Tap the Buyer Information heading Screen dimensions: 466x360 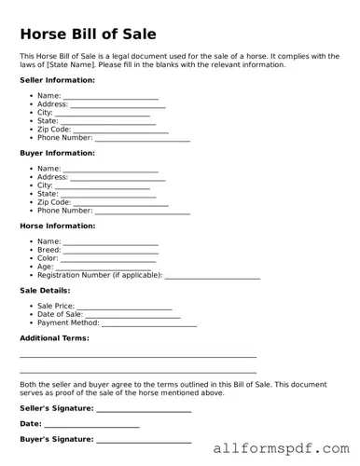pyautogui.click(x=57, y=153)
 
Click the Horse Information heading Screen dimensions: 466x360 pyautogui.click(x=57, y=226)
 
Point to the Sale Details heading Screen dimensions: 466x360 pyautogui.click(x=45, y=290)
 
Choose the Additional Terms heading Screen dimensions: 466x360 pyautogui.click(x=54, y=337)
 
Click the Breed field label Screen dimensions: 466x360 pyautogui.click(x=48, y=250)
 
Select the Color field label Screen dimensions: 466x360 pyautogui.click(x=48, y=258)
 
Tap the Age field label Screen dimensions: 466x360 pyautogui.click(x=45, y=267)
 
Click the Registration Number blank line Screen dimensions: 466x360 pyautogui.click(x=213, y=277)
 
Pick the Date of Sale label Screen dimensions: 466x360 pyautogui.click(x=60, y=314)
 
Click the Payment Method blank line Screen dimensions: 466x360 pyautogui.click(x=148, y=324)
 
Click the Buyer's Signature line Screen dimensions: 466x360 pyautogui.click(x=144, y=440)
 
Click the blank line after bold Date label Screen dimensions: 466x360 pyautogui.click(x=92, y=426)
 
